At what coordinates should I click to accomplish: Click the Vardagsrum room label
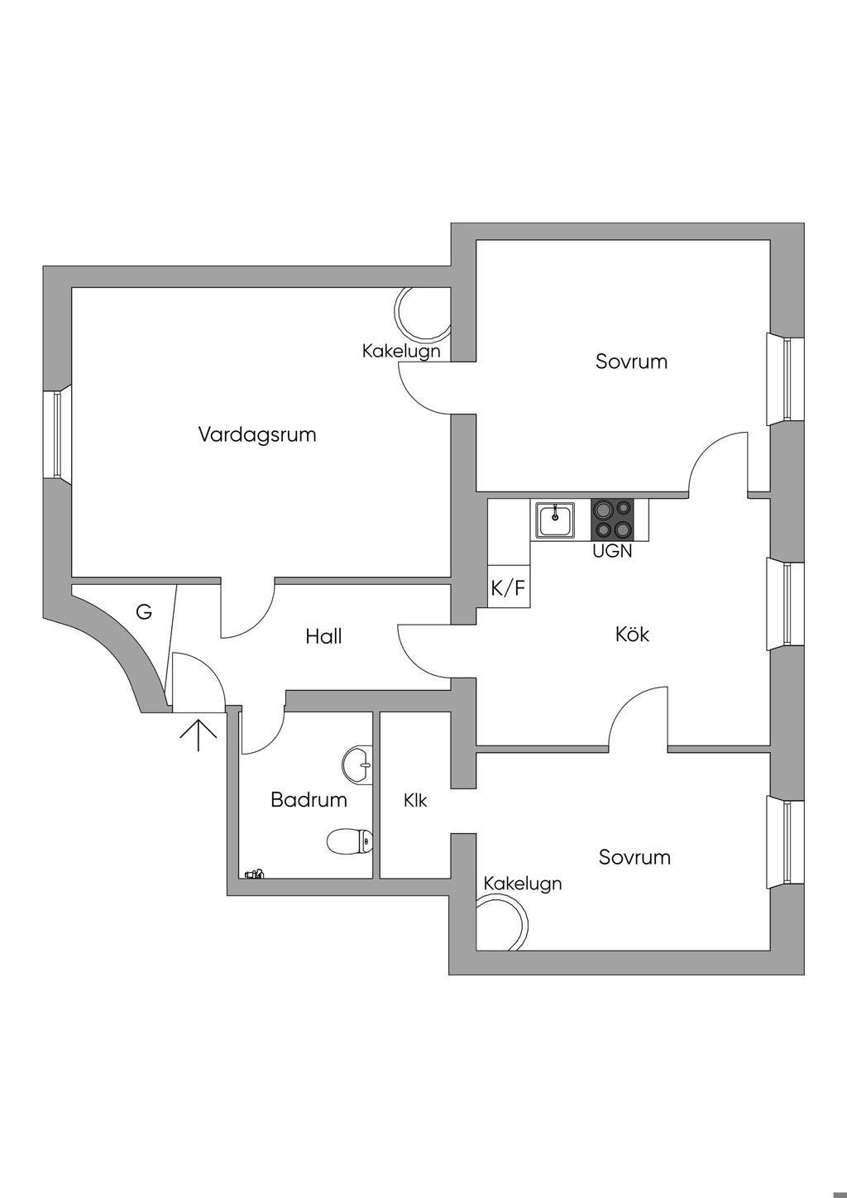[x=257, y=434]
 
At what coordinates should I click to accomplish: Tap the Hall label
[x=323, y=636]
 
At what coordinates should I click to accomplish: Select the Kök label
[x=632, y=635]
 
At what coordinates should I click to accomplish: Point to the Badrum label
[x=309, y=800]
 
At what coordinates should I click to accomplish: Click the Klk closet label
[x=415, y=800]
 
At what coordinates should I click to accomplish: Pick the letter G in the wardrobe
[x=144, y=612]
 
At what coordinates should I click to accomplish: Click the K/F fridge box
[x=508, y=588]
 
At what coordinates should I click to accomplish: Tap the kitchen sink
[x=554, y=520]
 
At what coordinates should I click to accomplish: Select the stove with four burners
[x=612, y=520]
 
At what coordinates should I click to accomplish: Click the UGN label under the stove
[x=612, y=551]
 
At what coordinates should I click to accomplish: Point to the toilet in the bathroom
[x=350, y=842]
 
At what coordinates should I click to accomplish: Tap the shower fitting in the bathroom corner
[x=254, y=873]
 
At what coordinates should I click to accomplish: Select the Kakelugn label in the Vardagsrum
[x=401, y=351]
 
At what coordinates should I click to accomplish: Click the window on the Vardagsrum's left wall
[x=57, y=434]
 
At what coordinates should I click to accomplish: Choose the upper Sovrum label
[x=631, y=362]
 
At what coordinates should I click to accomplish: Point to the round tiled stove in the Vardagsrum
[x=423, y=314]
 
